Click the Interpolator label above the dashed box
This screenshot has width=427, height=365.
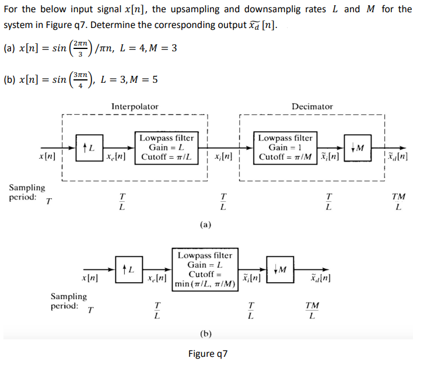coord(134,106)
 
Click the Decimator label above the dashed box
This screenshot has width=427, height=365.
coord(312,106)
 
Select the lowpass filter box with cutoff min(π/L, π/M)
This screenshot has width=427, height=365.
coord(204,270)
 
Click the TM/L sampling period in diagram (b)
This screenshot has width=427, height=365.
coord(313,311)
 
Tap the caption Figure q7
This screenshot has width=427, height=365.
coord(208,354)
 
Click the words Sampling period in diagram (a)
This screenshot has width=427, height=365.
coord(27,192)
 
